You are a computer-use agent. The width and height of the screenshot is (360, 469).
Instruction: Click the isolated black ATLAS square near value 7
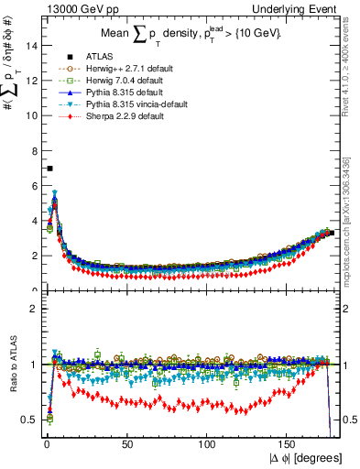(50, 169)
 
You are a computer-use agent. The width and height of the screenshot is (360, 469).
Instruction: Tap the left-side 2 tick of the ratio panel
(32, 309)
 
